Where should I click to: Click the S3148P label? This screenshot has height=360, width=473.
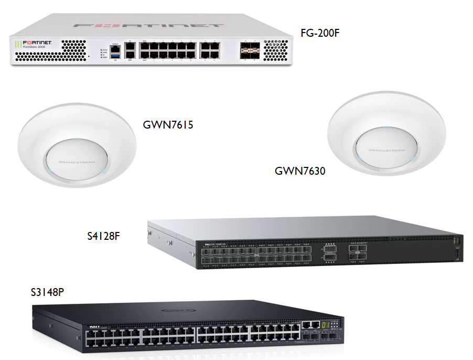48,291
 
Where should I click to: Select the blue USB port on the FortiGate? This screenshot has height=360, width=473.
115,55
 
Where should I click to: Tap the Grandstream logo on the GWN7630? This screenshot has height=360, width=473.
386,150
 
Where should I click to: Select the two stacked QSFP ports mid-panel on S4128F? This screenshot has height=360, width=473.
330,255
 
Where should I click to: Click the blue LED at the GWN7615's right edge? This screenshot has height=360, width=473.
104,171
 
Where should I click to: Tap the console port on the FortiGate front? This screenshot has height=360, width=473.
115,46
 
